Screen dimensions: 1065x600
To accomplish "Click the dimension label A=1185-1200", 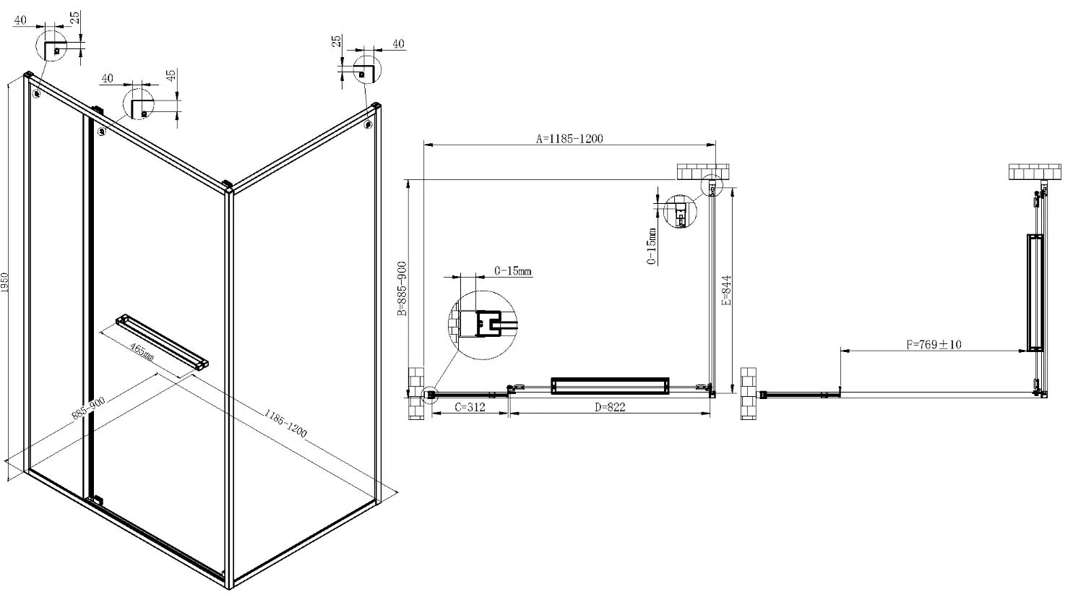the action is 569,139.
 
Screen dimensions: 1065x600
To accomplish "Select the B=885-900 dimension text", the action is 402,288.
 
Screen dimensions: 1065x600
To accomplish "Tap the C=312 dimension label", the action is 470,407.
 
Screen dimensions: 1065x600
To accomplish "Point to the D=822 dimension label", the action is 610,407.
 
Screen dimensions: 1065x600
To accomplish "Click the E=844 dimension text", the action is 726,291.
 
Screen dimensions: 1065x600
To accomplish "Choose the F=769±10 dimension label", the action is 934,344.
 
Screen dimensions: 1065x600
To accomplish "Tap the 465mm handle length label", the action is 142,351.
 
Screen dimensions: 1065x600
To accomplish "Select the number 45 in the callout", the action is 171,74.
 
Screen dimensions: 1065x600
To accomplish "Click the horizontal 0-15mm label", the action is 513,271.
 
